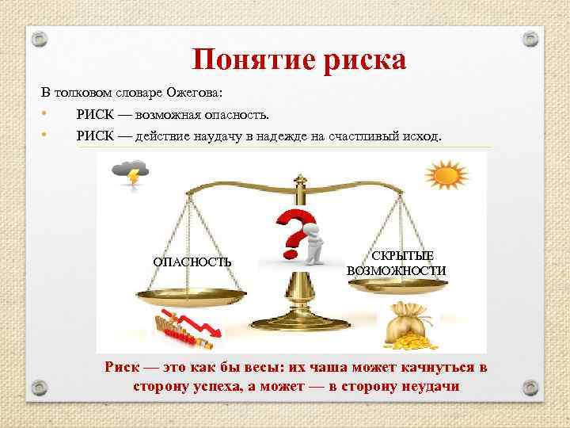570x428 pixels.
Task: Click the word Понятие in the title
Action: (245, 59)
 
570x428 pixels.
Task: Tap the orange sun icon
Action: (443, 174)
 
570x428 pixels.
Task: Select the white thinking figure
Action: (314, 241)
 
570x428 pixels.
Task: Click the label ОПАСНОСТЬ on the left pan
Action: (192, 262)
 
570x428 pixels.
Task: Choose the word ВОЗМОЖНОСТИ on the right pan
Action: (396, 270)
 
